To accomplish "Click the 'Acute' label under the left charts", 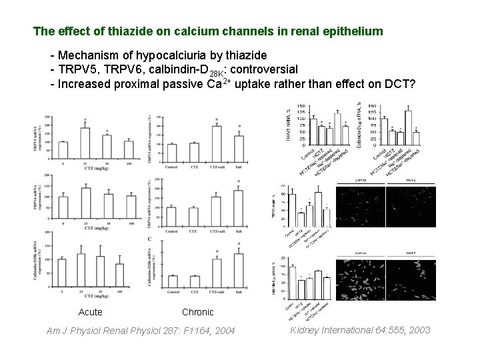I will pyautogui.click(x=90, y=312).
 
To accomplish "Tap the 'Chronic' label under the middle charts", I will pyautogui.click(x=197, y=312).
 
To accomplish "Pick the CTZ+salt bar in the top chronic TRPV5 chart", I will pyautogui.click(x=217, y=140).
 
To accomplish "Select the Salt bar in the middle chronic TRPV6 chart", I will pyautogui.click(x=239, y=209).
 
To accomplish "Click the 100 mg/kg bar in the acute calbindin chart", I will pyautogui.click(x=120, y=275).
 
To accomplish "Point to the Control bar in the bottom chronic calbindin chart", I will pyautogui.click(x=173, y=281).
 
